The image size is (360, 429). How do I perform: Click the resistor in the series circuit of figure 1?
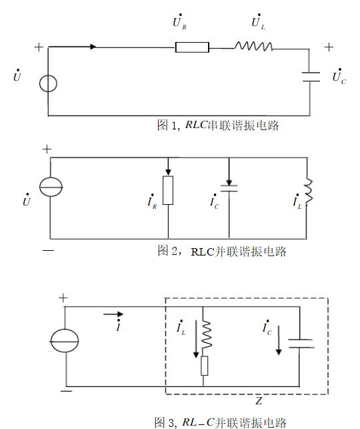(x=192, y=47)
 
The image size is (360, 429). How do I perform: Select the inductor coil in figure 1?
(x=253, y=47)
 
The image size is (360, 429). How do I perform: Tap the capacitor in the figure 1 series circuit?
(x=311, y=76)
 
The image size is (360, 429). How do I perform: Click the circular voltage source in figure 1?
(x=48, y=84)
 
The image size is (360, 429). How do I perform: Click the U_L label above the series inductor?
(x=257, y=21)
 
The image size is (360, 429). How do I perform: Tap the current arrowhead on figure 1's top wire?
(x=93, y=47)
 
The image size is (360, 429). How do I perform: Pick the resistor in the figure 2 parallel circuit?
(x=168, y=190)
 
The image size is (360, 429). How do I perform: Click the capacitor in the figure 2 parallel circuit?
(x=229, y=189)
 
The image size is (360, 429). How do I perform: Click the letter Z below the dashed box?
(x=258, y=401)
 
